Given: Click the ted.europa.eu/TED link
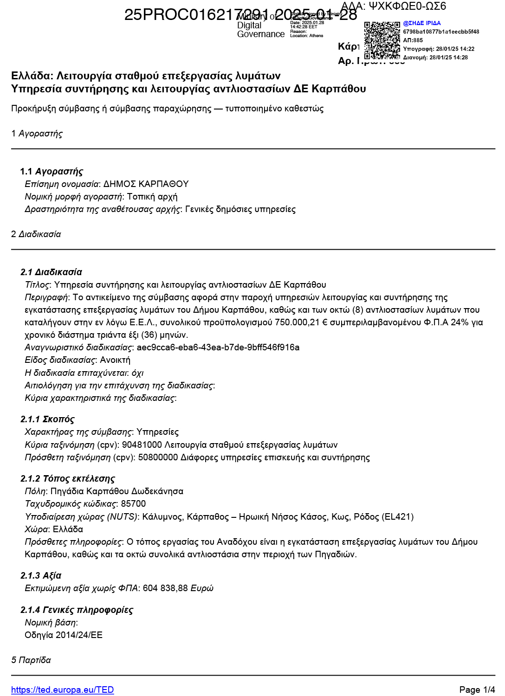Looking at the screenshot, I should pos(62,690).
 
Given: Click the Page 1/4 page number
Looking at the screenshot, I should pos(477,690).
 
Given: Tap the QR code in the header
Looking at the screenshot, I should pos(382,40).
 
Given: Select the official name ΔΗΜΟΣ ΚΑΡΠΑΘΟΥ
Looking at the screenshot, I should pos(146,184).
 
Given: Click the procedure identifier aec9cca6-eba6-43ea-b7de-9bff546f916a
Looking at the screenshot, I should pos(218,347).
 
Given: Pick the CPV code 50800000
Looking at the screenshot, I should pos(158,457).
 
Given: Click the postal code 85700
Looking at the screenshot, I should pos(133,503).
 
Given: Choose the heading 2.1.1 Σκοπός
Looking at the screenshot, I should pos(47,419).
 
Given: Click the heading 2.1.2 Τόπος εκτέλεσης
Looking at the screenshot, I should pos(67,478).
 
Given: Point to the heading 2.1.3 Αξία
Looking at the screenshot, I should pos(41,575).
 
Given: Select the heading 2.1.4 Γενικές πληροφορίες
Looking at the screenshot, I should pos(77,610).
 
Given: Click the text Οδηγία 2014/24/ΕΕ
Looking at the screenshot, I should pos(63,635).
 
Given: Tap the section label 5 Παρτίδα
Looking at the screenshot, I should pos(31,660).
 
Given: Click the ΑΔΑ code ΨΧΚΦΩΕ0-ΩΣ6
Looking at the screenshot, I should pos(407,6).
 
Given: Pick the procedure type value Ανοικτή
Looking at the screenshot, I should pos(115,360).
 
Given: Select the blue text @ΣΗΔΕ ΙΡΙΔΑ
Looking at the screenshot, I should pos(421,23).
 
